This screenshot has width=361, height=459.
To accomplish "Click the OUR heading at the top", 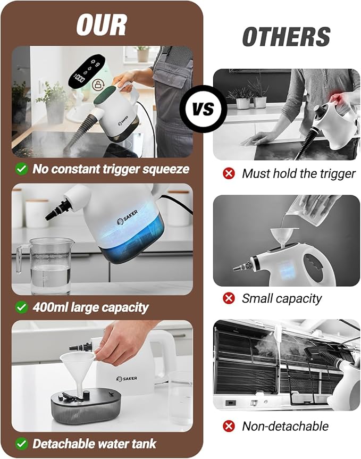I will click(102, 24).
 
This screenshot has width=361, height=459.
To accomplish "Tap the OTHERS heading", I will click(286, 37).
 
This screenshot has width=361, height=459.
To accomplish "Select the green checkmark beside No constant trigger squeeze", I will click(21, 169).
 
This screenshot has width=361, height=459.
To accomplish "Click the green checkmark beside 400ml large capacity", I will click(21, 307).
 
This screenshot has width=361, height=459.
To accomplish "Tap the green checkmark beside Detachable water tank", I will click(21, 443).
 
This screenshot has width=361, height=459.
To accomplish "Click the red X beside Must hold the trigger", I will click(229, 173).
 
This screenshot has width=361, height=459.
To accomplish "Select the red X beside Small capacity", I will click(229, 298).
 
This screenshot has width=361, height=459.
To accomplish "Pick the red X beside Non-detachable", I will click(229, 426).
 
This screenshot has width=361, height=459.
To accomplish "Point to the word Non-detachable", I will click(285, 426).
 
